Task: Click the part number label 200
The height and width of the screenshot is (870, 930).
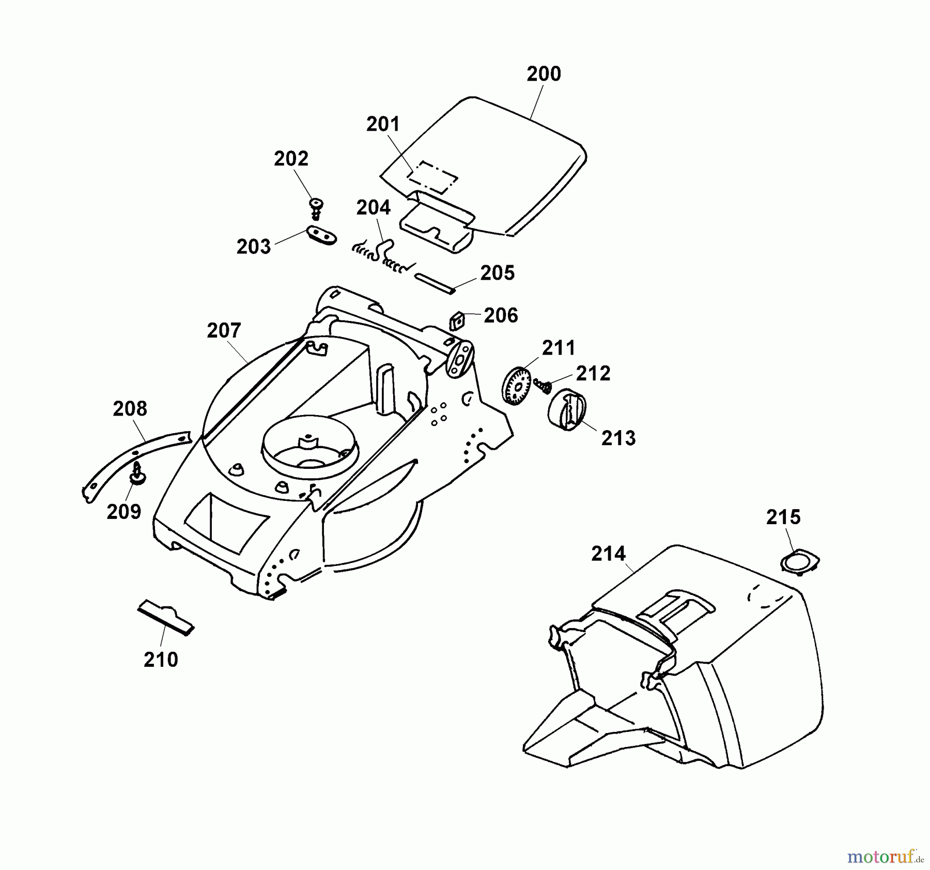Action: pos(544,74)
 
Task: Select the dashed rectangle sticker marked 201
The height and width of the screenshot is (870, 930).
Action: pos(432,177)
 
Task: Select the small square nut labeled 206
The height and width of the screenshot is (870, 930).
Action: pos(456,320)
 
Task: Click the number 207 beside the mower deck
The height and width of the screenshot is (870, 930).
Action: pos(224,330)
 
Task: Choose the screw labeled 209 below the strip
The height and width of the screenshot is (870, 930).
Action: pos(137,474)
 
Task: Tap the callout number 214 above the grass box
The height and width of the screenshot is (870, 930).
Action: pos(608,554)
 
